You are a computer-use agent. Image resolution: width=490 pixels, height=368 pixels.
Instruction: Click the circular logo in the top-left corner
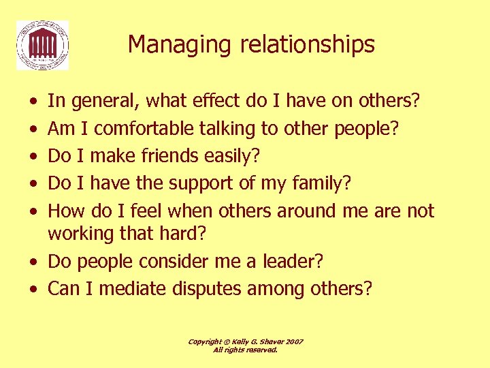[x=42, y=45]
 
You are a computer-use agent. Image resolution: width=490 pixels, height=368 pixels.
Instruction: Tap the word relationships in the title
[x=297, y=45]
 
